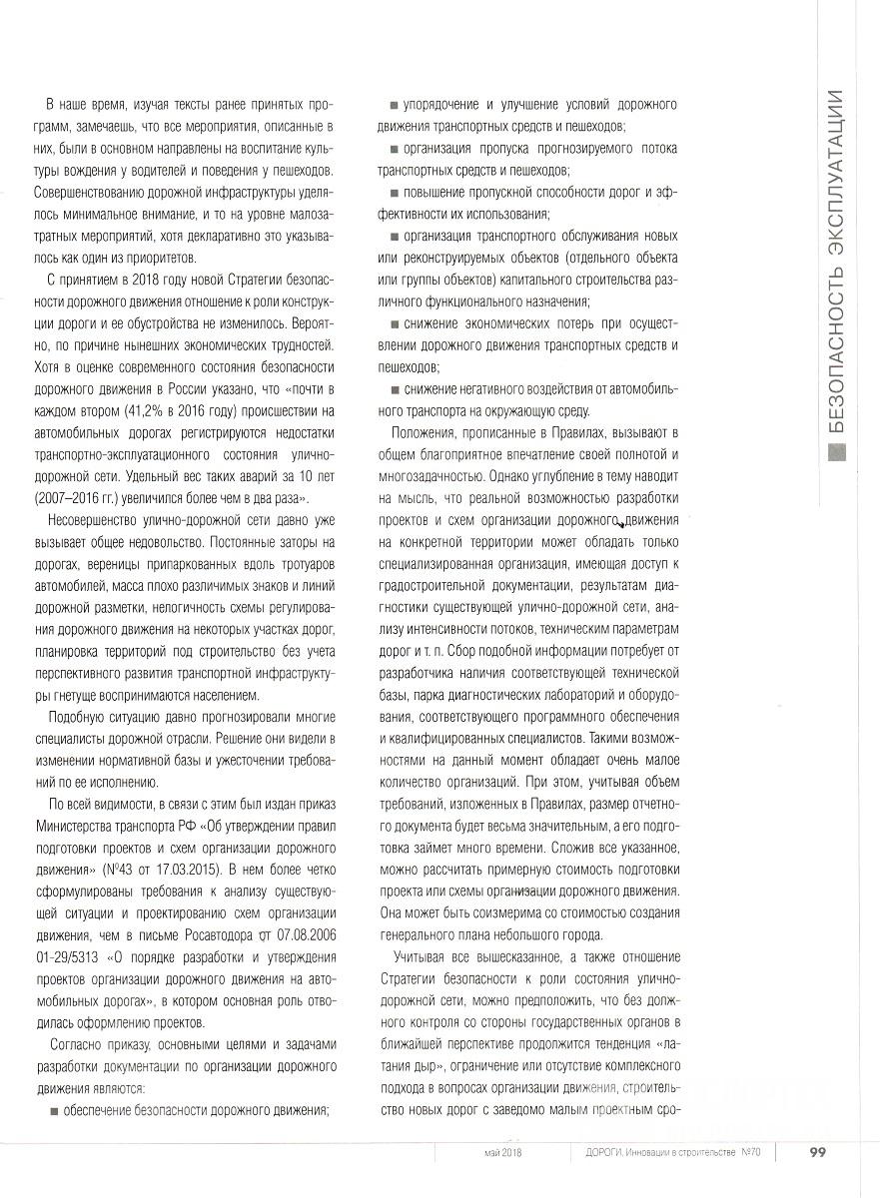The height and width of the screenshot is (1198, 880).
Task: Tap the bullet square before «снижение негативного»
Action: tap(396, 388)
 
